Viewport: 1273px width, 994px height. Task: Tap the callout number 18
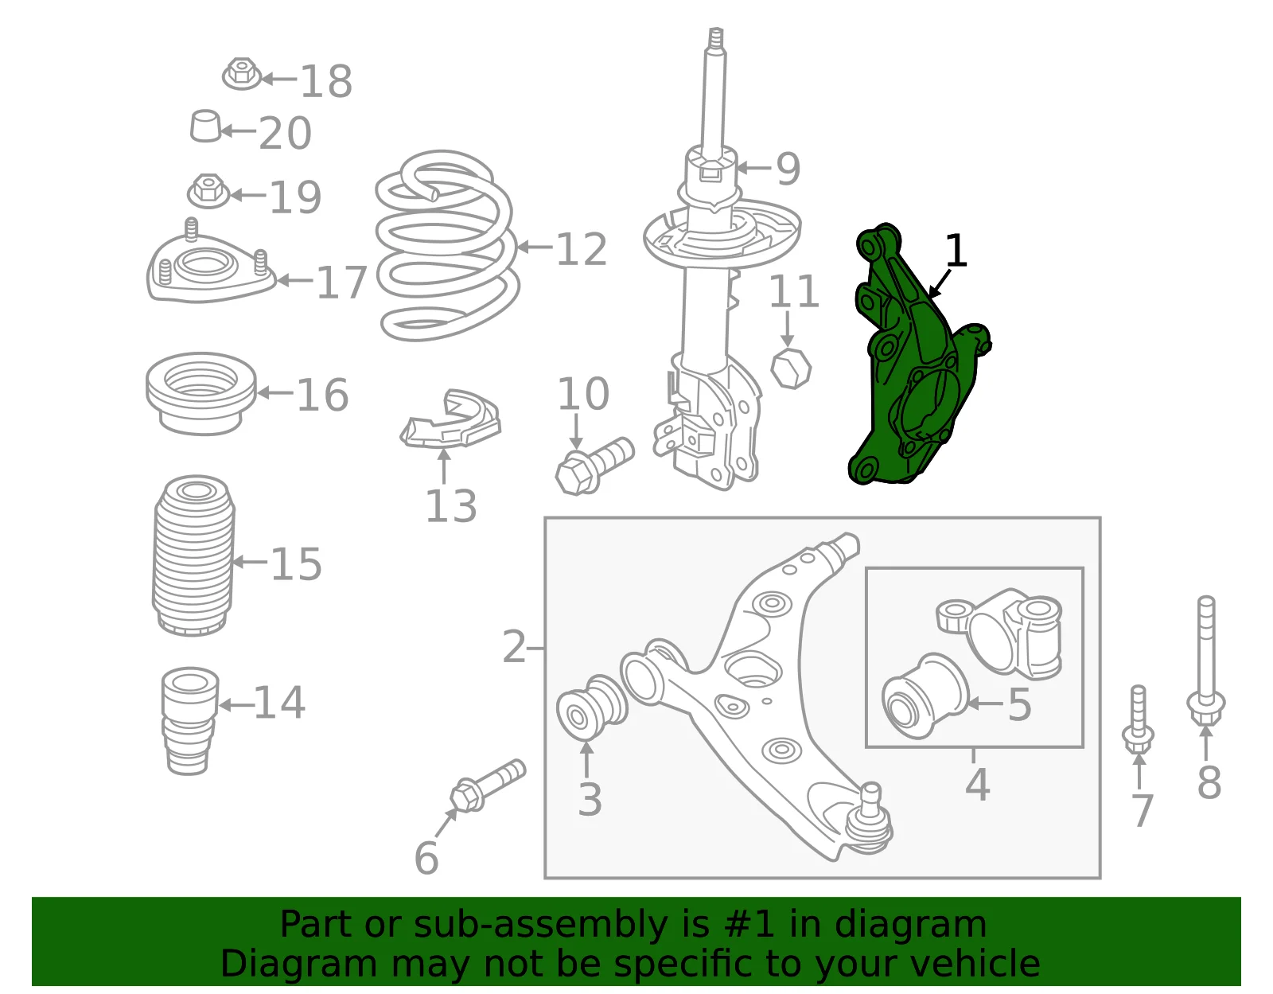(x=326, y=81)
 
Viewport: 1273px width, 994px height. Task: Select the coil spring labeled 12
(x=446, y=246)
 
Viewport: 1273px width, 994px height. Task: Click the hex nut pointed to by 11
(x=791, y=368)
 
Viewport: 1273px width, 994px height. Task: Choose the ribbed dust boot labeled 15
(x=194, y=555)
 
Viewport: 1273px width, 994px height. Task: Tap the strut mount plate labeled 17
(x=210, y=263)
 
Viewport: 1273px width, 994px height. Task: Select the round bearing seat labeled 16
(x=201, y=393)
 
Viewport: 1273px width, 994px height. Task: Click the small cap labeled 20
(x=205, y=126)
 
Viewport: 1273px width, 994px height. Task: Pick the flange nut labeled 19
(x=208, y=191)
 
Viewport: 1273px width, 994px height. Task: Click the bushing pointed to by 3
(x=591, y=708)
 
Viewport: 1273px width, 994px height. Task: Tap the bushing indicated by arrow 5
(x=925, y=696)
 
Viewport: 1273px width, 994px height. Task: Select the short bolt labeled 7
(x=1139, y=720)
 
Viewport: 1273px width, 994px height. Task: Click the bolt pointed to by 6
(x=488, y=786)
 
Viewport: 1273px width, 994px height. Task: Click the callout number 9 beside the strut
(x=788, y=169)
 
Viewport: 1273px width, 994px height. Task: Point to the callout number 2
(x=514, y=647)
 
